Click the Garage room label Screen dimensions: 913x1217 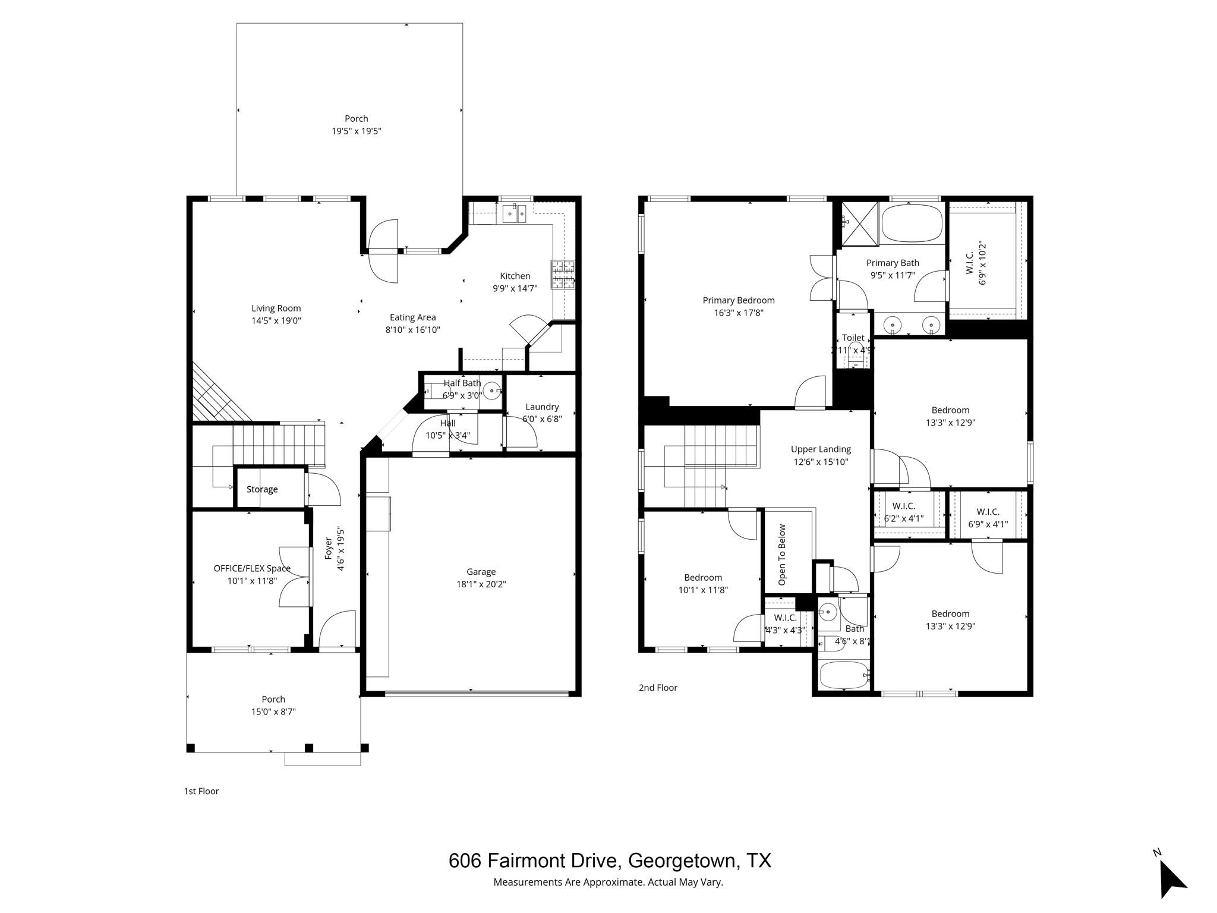click(x=481, y=572)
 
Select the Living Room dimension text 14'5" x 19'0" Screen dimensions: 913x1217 click(x=276, y=321)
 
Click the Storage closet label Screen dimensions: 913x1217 click(x=262, y=489)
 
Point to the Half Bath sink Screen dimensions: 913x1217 click(x=493, y=391)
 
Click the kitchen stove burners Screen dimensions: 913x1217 click(x=563, y=275)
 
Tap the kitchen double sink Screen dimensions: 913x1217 click(x=515, y=213)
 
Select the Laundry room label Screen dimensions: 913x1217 click(x=542, y=407)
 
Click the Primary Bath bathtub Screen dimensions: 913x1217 click(x=912, y=223)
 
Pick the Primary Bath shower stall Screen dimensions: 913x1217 click(x=860, y=223)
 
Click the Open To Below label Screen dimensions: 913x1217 click(x=782, y=554)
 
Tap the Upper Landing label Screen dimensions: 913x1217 click(x=821, y=449)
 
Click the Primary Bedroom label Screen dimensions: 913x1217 click(x=739, y=300)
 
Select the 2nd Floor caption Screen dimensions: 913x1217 click(x=658, y=688)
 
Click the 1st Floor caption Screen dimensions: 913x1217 click(x=201, y=791)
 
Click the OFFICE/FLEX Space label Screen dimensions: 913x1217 click(x=252, y=568)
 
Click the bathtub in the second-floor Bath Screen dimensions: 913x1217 click(x=844, y=675)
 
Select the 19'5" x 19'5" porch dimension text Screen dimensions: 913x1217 click(x=356, y=131)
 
